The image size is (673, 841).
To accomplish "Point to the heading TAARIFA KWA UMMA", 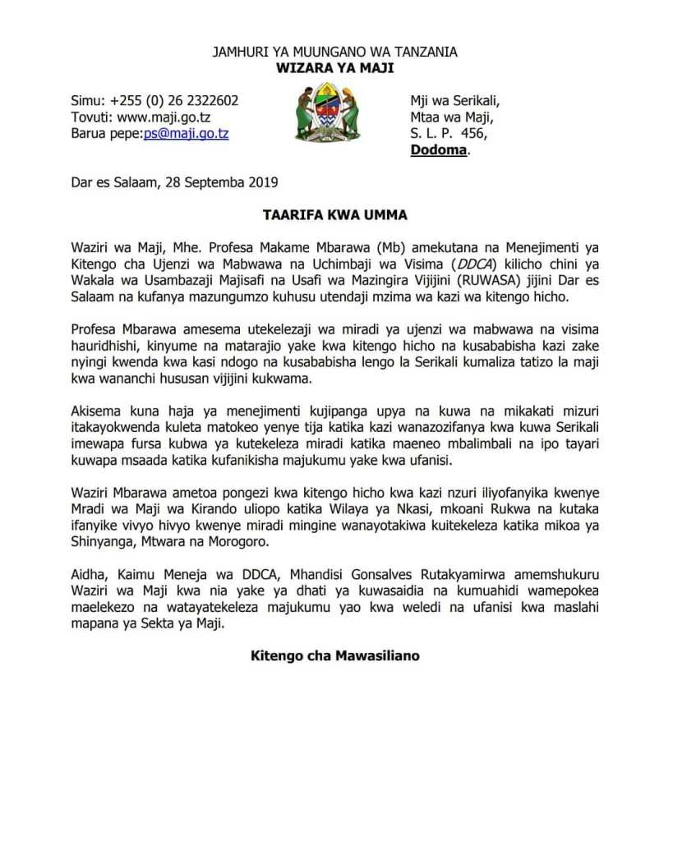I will coord(334,215).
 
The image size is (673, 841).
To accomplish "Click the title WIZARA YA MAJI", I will coord(334,67).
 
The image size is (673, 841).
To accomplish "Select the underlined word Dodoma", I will coord(438,150).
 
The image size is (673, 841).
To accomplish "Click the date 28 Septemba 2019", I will coord(228,182).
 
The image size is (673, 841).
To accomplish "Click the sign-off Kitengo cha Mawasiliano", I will coord(335,656).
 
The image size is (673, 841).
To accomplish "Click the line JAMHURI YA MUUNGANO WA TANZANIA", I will coord(335,52).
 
